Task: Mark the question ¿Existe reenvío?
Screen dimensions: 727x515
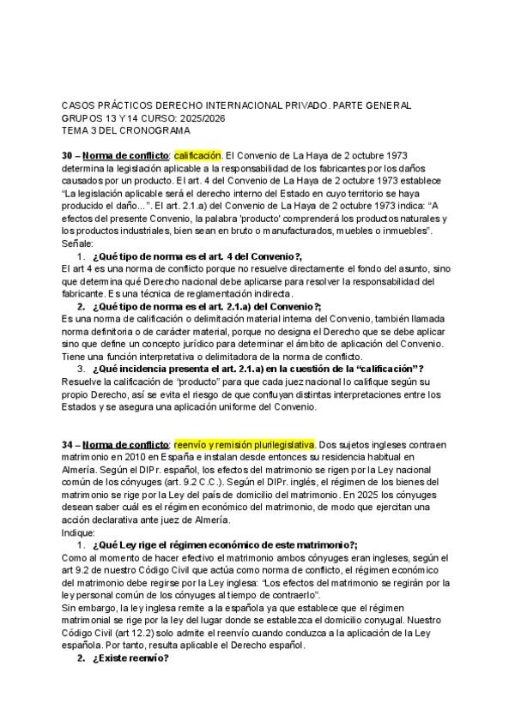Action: [129, 658]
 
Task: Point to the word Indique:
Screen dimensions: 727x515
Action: [81, 532]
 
